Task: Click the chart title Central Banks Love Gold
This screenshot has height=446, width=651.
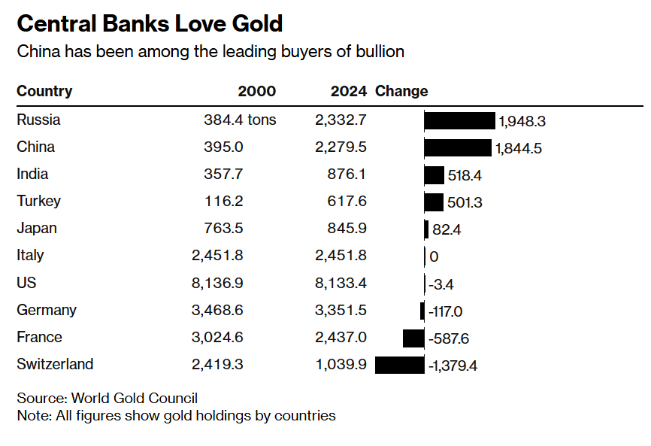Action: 150,23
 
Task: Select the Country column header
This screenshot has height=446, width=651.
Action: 44,91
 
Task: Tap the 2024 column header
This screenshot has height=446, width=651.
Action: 348,91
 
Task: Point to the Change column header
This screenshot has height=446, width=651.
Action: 401,91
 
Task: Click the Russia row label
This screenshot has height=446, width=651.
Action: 38,120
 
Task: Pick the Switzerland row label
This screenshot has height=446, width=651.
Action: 55,364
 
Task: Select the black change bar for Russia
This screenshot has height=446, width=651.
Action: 459,120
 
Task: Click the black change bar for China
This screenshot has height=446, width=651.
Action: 458,147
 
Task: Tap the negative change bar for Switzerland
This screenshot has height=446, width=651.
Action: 399,365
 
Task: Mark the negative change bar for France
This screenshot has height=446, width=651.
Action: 413,338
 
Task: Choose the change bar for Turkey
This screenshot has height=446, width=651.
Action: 434,202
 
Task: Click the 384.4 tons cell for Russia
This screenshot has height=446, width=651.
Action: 240,120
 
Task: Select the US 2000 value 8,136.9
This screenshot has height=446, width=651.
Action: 217,283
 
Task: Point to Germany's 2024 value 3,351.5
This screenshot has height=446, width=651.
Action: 341,310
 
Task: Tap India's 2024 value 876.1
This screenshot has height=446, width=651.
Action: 347,174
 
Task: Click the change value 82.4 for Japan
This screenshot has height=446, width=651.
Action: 447,229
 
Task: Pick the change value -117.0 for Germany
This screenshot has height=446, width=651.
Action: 445,311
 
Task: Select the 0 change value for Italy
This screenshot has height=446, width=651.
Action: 434,256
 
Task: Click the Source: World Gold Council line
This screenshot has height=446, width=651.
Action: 107,398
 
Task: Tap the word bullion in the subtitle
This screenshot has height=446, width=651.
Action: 380,51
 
